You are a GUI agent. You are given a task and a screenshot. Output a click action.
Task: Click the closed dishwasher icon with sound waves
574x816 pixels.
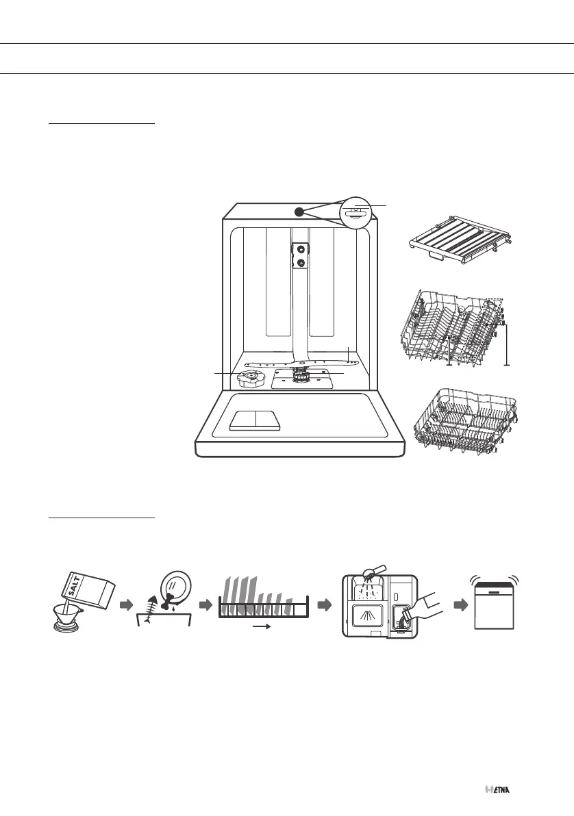pos(496,605)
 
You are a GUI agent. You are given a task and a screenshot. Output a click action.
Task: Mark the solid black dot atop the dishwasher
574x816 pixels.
pos(299,212)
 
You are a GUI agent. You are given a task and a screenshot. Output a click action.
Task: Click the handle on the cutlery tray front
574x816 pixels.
pos(435,255)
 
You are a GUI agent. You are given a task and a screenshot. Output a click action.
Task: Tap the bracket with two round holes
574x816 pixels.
pos(299,256)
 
